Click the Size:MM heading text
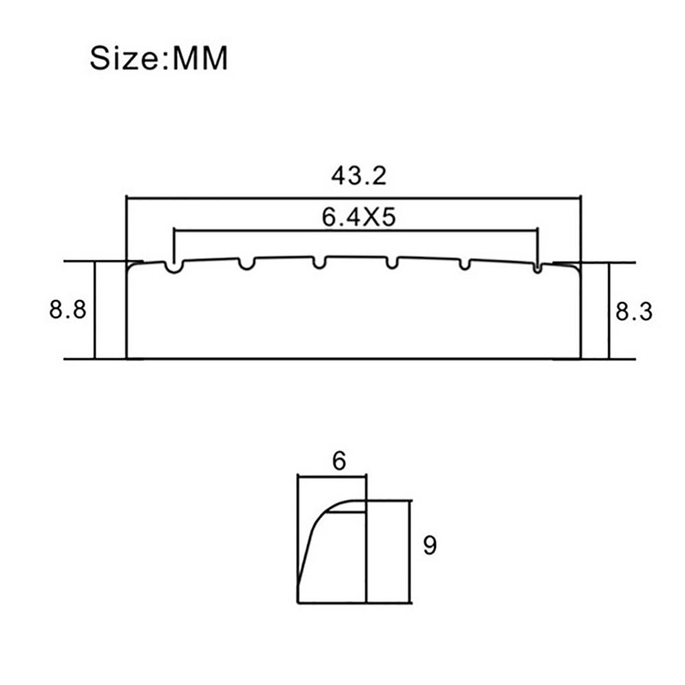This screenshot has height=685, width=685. pos(159,58)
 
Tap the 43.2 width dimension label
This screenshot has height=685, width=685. pos(359,175)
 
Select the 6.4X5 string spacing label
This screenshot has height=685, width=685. pos(359,216)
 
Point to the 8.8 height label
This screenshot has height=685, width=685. pos(68,310)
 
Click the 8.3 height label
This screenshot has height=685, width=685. pos(634,312)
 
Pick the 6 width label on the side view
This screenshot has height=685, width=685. pos(339,461)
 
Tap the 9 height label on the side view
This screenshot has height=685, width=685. pos(430,545)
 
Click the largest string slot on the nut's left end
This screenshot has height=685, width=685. pos(174,267)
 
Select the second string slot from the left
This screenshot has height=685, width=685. pos(247,264)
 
